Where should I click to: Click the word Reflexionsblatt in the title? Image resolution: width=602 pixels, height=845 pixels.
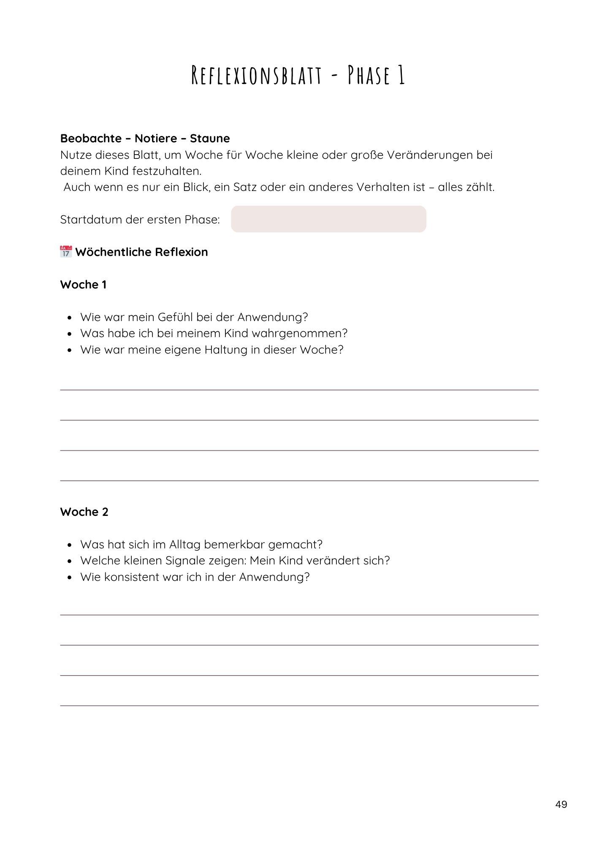point(256,76)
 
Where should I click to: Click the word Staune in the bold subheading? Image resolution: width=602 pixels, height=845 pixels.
point(210,139)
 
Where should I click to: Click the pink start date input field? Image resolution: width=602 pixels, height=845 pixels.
point(328,219)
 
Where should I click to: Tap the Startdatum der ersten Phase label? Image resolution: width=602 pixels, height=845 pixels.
point(140,220)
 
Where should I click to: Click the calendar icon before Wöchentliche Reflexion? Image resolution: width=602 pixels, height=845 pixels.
point(66,252)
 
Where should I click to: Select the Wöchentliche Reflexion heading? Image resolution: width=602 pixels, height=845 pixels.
point(141,252)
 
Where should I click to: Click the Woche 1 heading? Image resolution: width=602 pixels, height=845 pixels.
point(83,285)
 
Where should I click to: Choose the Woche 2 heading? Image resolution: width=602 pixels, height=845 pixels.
point(84,512)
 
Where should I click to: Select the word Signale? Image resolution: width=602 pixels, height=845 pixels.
point(189,561)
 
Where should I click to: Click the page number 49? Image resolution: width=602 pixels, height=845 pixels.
point(561,804)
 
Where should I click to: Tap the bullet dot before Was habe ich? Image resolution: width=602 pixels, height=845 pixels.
point(70,334)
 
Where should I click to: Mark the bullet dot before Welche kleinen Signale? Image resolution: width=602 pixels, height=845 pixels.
point(70,562)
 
